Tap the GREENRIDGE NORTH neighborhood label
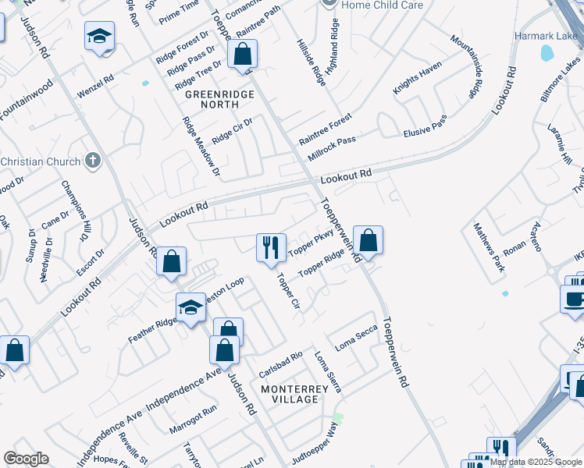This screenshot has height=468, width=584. [215, 99]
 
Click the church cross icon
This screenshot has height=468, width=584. [93, 161]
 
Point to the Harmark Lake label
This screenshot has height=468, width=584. [544, 36]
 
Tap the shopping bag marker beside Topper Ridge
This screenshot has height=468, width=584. [368, 240]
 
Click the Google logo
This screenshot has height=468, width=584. [26, 459]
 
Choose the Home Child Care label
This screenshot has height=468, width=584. [383, 5]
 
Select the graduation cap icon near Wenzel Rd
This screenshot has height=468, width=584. [99, 37]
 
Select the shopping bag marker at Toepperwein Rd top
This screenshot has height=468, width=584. [242, 55]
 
